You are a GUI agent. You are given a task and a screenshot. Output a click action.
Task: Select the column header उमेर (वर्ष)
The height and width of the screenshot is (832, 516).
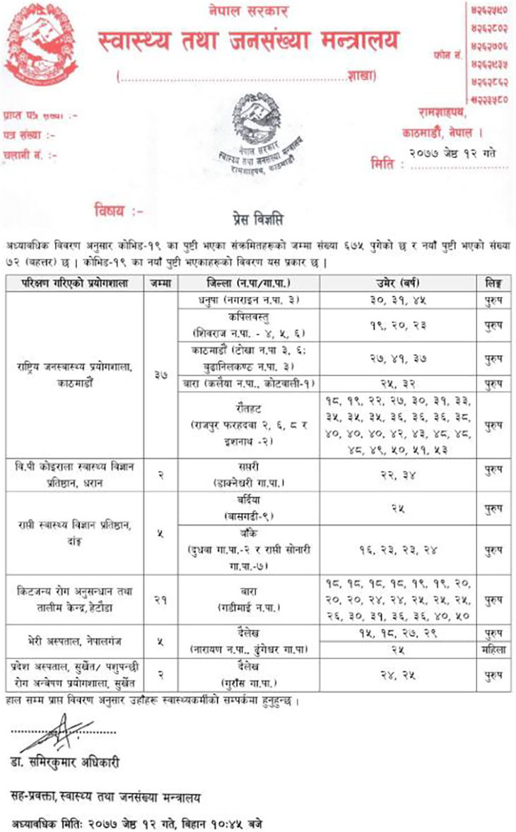[x=399, y=283]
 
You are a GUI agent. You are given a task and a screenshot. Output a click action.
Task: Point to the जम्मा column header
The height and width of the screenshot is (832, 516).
[x=160, y=283]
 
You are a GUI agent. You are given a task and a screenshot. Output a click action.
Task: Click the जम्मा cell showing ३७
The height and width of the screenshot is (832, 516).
[x=160, y=376]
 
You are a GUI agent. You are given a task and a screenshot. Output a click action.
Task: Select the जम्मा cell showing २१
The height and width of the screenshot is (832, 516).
[x=160, y=599]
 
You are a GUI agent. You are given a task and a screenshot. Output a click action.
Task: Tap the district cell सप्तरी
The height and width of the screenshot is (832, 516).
[x=248, y=473]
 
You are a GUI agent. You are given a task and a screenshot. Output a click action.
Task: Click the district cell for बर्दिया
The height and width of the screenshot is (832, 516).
[x=248, y=502]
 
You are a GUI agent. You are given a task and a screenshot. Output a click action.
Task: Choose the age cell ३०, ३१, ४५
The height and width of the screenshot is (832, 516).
[x=399, y=300]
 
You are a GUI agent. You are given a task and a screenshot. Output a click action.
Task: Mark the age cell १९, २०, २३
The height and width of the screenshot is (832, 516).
[x=399, y=325]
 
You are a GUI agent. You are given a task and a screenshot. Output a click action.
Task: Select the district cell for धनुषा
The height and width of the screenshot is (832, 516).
[x=248, y=300]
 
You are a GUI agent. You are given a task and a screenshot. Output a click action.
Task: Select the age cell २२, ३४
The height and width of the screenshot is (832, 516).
[x=399, y=473]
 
